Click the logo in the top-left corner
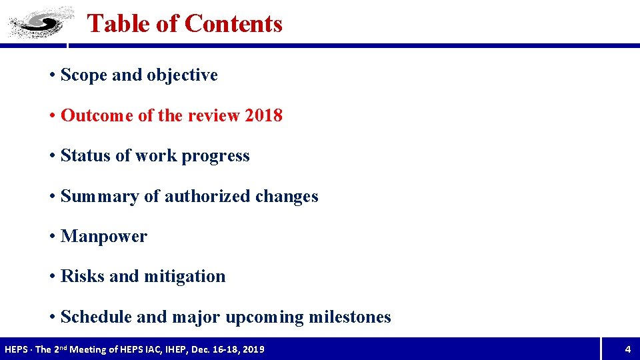(x=40, y=22)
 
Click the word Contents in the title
(x=233, y=24)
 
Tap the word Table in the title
(x=119, y=24)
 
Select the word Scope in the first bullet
(x=84, y=75)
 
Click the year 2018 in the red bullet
(x=263, y=115)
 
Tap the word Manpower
(x=103, y=237)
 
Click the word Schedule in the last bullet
(x=96, y=317)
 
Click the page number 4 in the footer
(x=627, y=349)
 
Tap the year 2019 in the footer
(x=253, y=349)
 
